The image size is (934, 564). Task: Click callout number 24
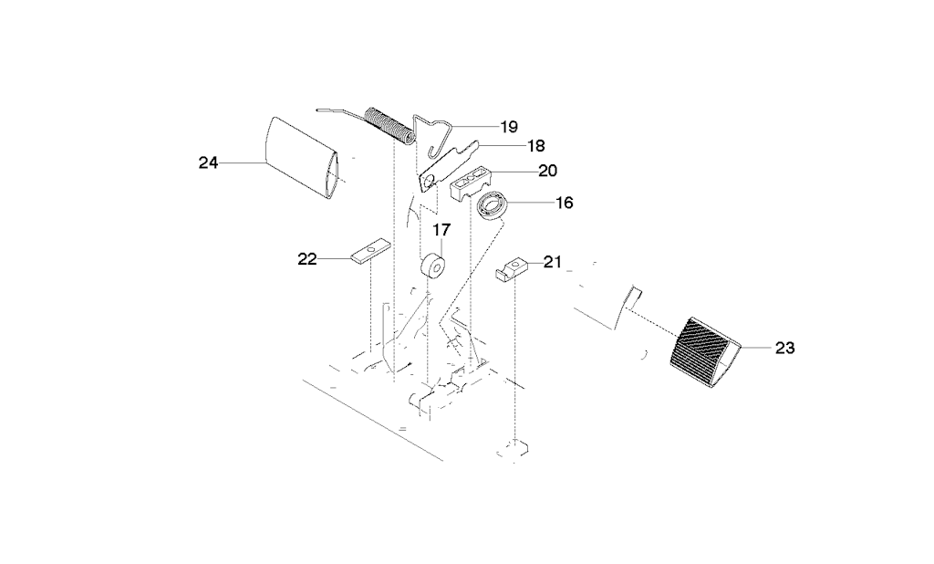pyautogui.click(x=209, y=162)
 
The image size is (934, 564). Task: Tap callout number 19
pyautogui.click(x=509, y=126)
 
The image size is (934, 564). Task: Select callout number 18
pyautogui.click(x=536, y=145)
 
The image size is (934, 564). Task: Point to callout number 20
pyautogui.click(x=547, y=171)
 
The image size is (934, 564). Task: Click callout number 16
pyautogui.click(x=564, y=203)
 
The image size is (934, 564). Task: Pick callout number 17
pyautogui.click(x=441, y=230)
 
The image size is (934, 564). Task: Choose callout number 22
pyautogui.click(x=307, y=259)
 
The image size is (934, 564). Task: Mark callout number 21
pyautogui.click(x=553, y=262)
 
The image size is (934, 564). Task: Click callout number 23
pyautogui.click(x=785, y=348)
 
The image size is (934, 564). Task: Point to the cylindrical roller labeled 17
pyautogui.click(x=433, y=266)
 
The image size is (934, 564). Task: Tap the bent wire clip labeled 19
pyautogui.click(x=436, y=136)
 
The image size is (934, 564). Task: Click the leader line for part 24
pyautogui.click(x=241, y=162)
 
